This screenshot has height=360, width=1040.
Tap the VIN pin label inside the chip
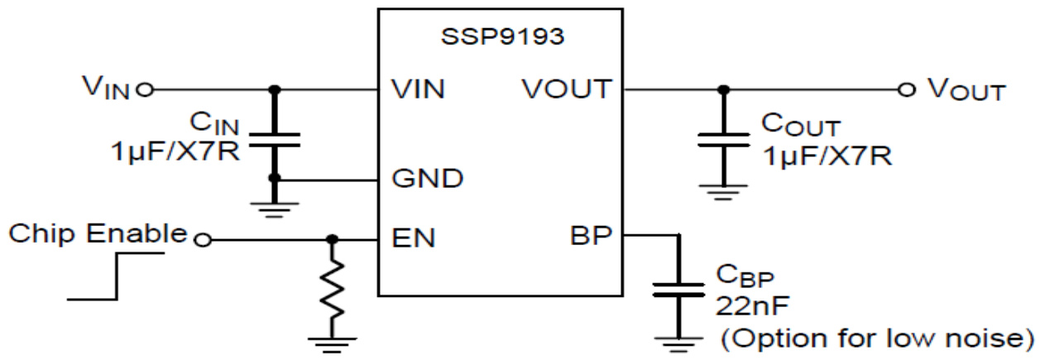pos(417,89)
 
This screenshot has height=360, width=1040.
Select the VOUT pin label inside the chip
pos(567,89)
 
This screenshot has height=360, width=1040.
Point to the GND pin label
pos(425,179)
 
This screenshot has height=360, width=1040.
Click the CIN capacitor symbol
pos(273,138)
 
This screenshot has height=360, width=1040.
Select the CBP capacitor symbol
pos(678,290)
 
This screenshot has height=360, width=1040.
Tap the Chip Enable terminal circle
pos(199,240)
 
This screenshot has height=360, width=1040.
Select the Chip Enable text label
pos(97,234)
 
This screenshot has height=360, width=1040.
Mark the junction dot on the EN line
pos(333,240)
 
